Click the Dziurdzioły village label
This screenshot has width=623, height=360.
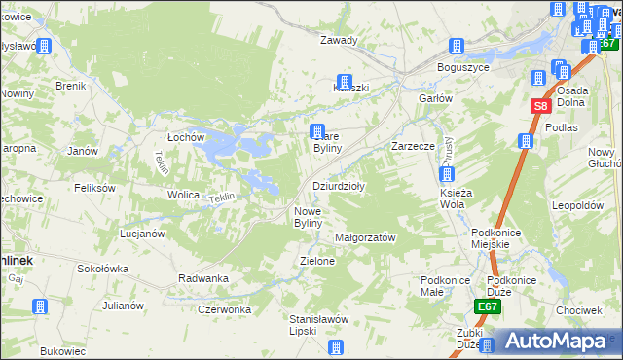point(338,186)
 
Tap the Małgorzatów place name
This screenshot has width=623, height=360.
point(364,237)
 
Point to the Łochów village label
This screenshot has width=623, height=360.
point(186,137)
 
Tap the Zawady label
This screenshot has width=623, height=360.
point(340,41)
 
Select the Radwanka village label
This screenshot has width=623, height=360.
point(203,278)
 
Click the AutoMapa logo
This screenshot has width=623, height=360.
point(556,342)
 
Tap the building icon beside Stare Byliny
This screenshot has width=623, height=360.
point(316,131)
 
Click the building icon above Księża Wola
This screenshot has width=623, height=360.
point(446,175)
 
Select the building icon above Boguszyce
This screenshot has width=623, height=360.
point(455,46)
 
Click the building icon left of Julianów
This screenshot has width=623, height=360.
point(40,306)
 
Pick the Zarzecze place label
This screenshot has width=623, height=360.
point(412,146)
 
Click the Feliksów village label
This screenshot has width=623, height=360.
point(94,188)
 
